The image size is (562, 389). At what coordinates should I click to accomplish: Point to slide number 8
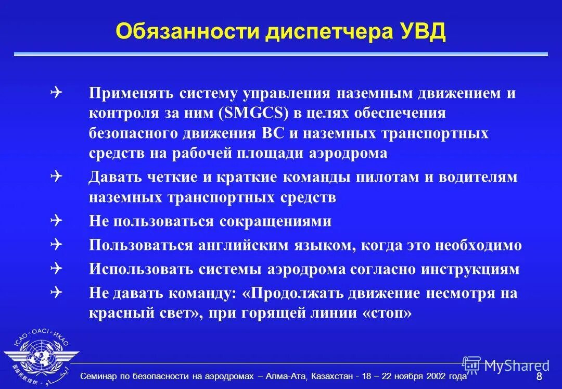click(539, 377)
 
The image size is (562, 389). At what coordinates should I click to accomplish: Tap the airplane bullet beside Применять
click(57, 93)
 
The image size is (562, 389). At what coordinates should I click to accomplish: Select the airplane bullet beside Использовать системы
click(57, 269)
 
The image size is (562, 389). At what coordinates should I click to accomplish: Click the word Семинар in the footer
click(98, 376)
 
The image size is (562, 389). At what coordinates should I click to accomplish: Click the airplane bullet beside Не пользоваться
click(57, 221)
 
